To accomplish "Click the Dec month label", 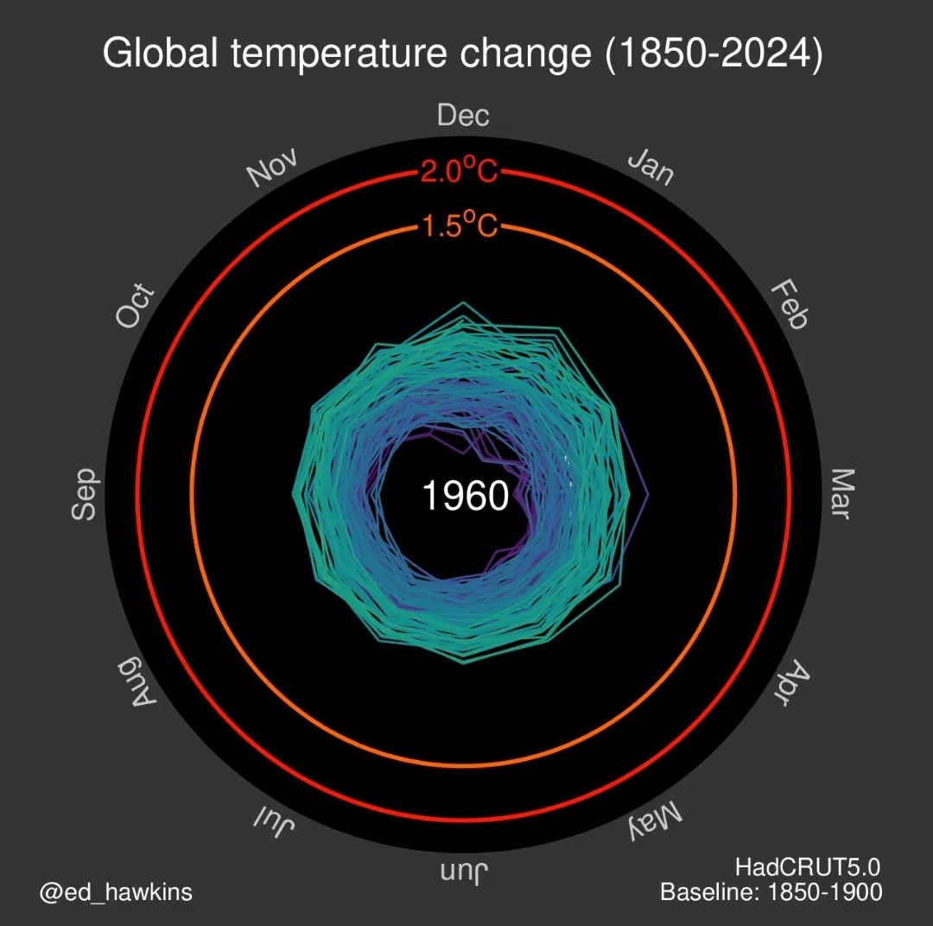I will pyautogui.click(x=464, y=116).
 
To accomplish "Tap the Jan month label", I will pyautogui.click(x=651, y=166).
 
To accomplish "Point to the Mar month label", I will pyautogui.click(x=841, y=494).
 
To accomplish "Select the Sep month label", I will pyautogui.click(x=84, y=494).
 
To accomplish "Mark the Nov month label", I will pyautogui.click(x=273, y=167).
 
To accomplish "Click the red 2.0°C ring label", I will pyautogui.click(x=460, y=172).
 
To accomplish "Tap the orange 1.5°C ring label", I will pyautogui.click(x=460, y=227).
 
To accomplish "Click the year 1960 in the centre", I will pyautogui.click(x=465, y=497).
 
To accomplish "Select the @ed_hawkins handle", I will pyautogui.click(x=115, y=891).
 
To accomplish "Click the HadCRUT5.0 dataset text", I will pyautogui.click(x=808, y=866).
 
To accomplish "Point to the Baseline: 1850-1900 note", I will pyautogui.click(x=771, y=891).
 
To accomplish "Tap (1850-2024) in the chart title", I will pyautogui.click(x=713, y=54).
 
